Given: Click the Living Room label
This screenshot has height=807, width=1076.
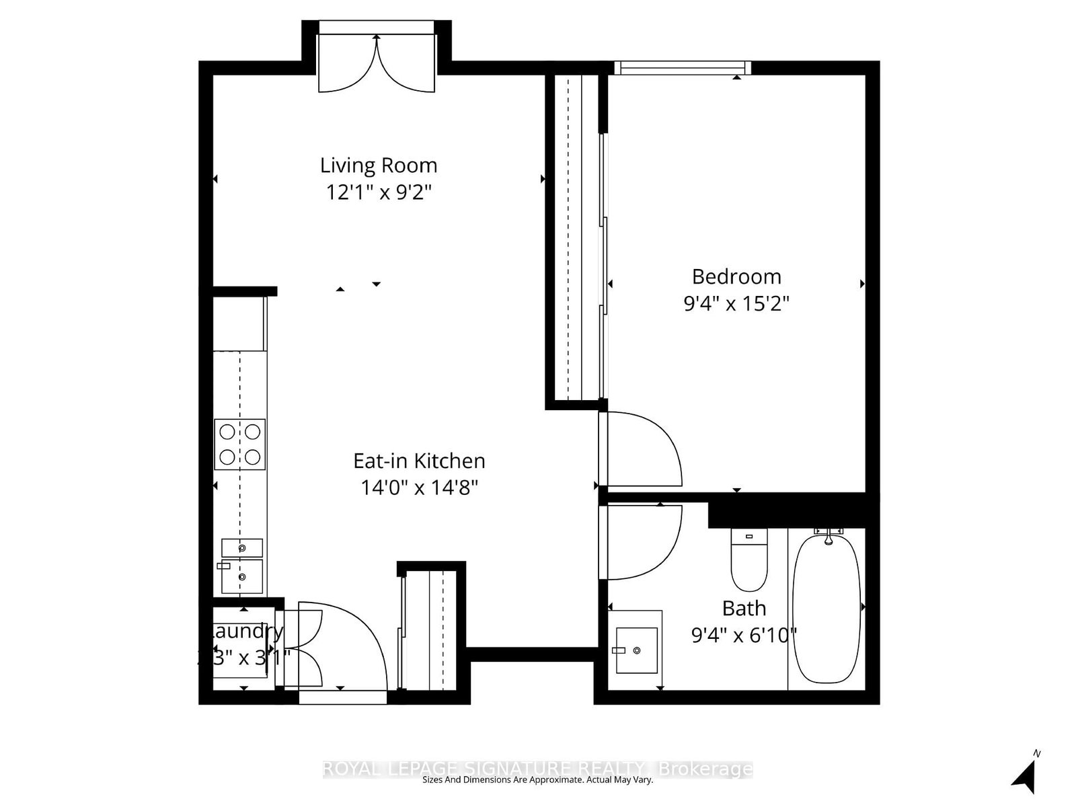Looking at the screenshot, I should tap(378, 165).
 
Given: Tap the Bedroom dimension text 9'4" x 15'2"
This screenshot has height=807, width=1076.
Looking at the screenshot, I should tap(736, 304).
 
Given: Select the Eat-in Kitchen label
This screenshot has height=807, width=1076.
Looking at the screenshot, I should tap(419, 461).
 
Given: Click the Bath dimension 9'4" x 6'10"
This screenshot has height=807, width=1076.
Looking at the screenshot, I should tap(744, 635).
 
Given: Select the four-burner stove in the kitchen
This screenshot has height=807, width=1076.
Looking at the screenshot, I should tap(240, 445).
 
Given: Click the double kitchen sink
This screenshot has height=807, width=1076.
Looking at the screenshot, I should tap(241, 566).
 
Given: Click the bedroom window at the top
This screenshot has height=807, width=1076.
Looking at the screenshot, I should tap(682, 67).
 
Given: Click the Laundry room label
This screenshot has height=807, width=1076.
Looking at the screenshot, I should tap(245, 631).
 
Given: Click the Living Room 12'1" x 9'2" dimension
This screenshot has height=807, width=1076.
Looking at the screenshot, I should tap(378, 193).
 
